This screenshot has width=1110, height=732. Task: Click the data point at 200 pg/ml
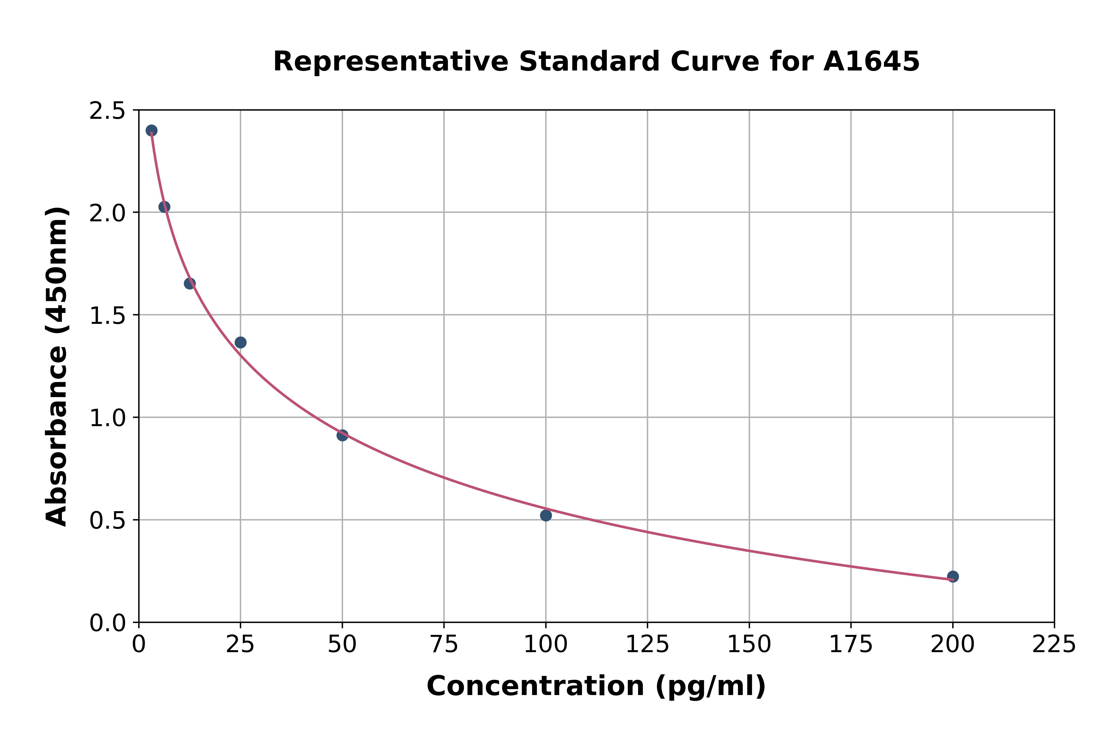coord(953,576)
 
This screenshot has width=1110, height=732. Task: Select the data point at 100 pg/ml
coord(546,515)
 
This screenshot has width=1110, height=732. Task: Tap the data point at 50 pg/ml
coord(342,435)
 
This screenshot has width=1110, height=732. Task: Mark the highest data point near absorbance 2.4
coord(151,130)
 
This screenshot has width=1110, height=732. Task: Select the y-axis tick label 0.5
coord(108,521)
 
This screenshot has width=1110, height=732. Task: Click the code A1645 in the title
coord(871,62)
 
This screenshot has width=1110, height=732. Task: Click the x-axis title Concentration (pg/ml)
coord(596,686)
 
